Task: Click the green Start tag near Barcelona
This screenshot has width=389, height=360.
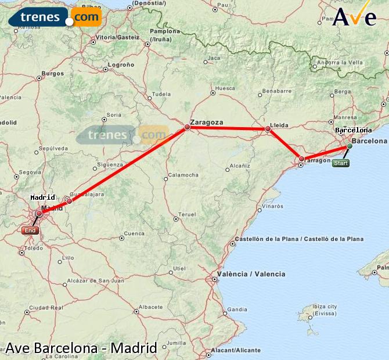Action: point(341,163)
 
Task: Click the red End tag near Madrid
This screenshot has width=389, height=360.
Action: point(30,231)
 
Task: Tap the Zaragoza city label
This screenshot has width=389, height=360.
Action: point(207,123)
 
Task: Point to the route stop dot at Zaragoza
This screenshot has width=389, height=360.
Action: point(187,127)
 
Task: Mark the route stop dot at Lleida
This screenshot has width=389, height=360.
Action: point(268,129)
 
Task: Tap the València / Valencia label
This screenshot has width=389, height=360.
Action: point(251,274)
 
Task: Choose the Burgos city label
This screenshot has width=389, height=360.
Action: point(53,74)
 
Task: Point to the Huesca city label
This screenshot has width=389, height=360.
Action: point(225,89)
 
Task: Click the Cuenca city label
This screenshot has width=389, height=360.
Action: point(134,233)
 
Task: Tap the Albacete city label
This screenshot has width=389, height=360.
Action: point(151,307)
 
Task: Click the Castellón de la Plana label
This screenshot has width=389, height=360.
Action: point(298,239)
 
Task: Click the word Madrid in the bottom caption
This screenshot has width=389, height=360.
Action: point(134,348)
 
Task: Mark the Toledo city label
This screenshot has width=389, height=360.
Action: point(33,248)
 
